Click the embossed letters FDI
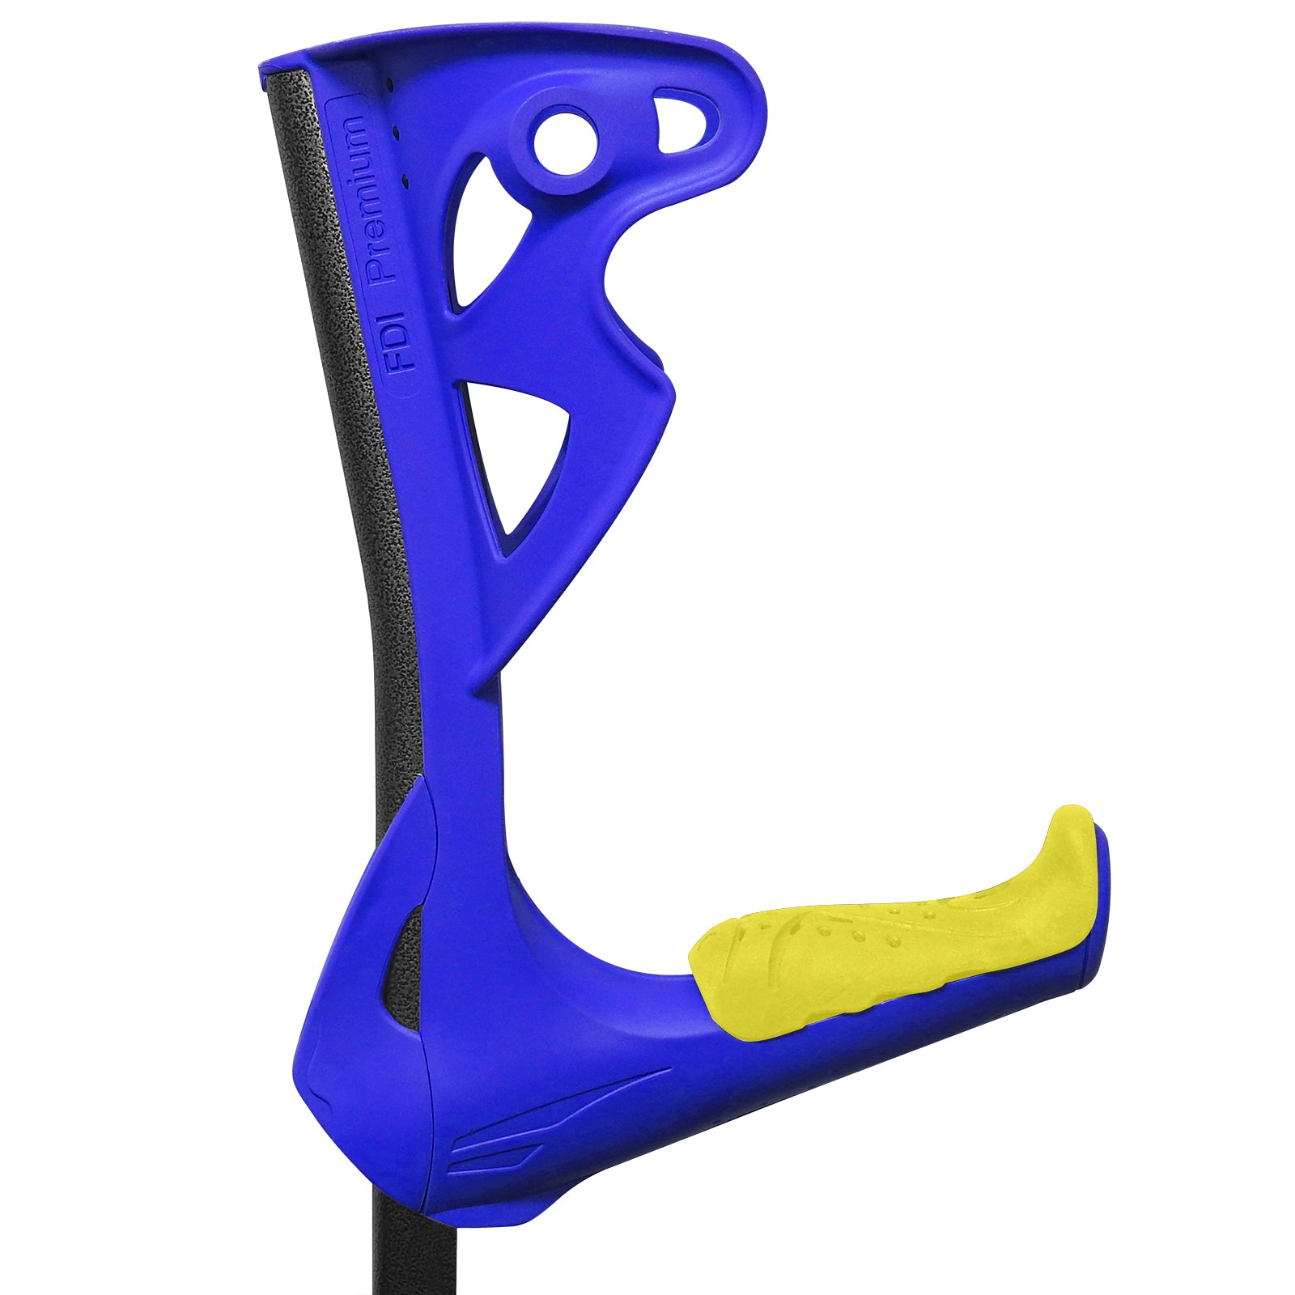(400, 344)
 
